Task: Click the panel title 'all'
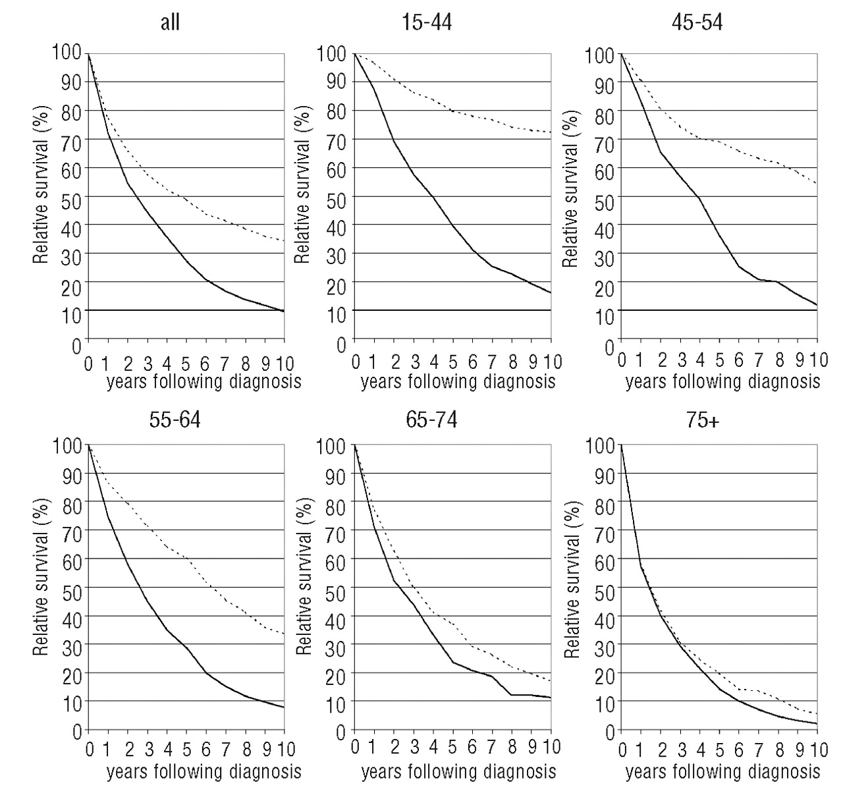point(170,22)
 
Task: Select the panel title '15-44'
point(427,22)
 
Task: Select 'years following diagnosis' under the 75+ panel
point(722,771)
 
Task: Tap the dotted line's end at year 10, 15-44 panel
point(551,132)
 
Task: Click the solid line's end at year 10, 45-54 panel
point(817,304)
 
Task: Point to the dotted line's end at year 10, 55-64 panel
point(284,634)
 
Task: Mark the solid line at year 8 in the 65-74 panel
point(512,694)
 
